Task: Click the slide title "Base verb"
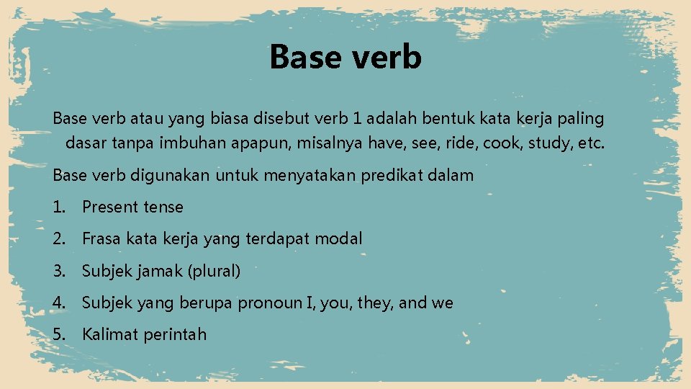pos(345,57)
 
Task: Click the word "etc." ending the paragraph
pos(592,143)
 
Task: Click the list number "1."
pos(59,207)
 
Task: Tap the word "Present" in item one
pos(110,207)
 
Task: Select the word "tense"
pos(163,207)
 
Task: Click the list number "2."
pos(59,238)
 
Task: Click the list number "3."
pos(59,272)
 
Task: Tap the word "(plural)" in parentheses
pos(214,272)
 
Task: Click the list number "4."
pos(59,303)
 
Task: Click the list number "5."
pos(59,334)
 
